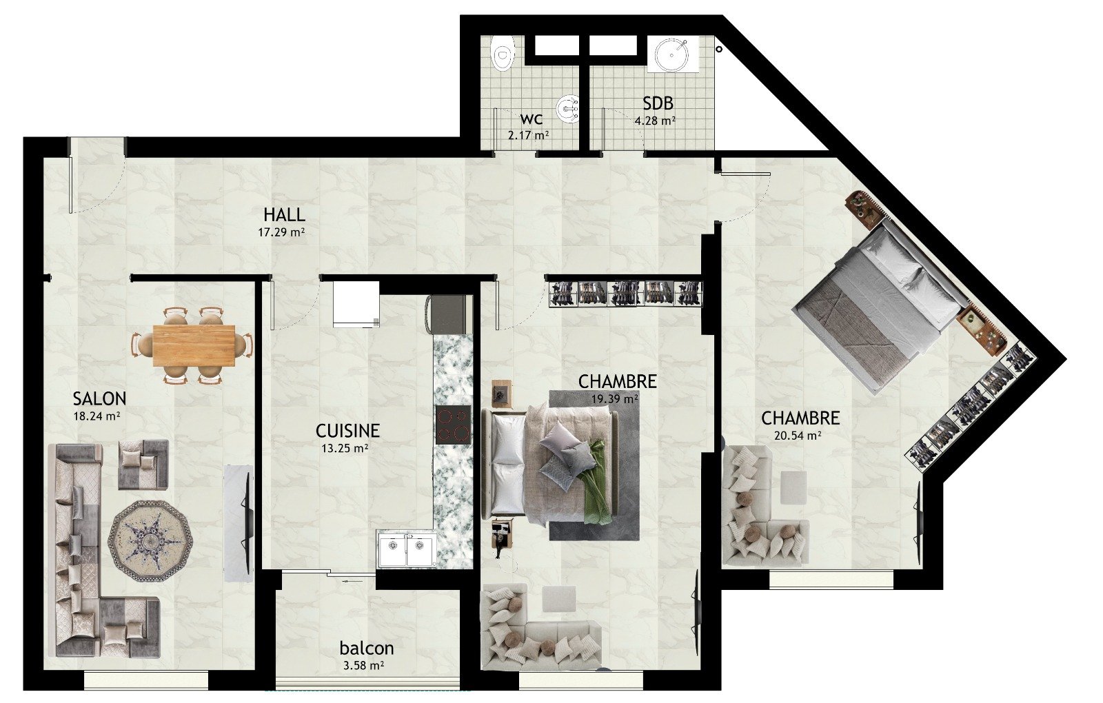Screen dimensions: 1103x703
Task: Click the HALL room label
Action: coord(284,215)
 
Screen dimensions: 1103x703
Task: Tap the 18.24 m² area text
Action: coord(97,416)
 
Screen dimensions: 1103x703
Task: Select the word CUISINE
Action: coord(347,431)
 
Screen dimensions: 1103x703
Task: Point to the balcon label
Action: coord(367,648)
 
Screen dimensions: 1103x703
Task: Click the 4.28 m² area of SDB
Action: coord(655,120)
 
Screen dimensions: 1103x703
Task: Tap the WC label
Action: coord(532,120)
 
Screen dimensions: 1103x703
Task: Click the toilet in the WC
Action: coord(503,55)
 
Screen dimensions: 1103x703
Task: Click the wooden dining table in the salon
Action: coord(194,345)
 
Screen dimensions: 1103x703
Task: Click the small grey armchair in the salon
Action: coord(144,465)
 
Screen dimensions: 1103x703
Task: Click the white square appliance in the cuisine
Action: coord(356,304)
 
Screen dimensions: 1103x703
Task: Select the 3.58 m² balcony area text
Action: coord(363,666)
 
